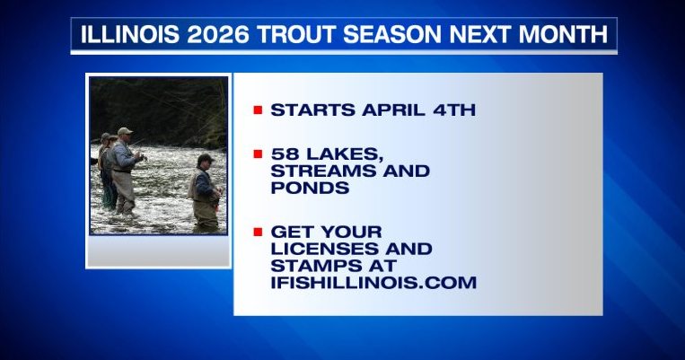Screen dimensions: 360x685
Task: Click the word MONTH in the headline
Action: [567, 35]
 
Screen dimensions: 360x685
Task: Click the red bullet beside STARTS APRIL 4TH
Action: [258, 110]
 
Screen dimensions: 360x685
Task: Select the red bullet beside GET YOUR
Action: [258, 232]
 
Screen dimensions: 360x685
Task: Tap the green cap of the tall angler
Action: [125, 131]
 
